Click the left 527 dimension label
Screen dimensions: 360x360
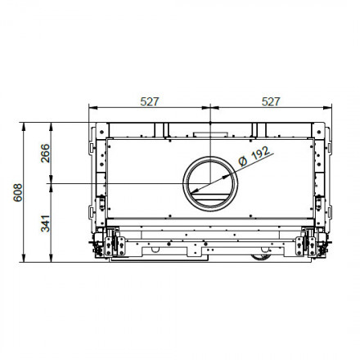[149, 101]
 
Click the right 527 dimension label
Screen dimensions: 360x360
[271, 101]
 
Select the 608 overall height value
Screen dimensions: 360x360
[17, 192]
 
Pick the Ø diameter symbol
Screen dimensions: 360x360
[242, 162]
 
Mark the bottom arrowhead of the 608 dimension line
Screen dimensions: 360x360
[25, 259]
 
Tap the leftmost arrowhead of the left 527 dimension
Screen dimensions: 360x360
[91, 109]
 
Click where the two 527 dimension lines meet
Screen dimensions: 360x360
[210, 109]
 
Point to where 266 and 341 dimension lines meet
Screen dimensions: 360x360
[52, 183]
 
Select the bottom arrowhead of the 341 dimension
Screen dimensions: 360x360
[52, 259]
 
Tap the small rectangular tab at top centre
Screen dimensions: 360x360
[210, 131]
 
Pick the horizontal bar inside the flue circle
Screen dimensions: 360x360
[210, 196]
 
